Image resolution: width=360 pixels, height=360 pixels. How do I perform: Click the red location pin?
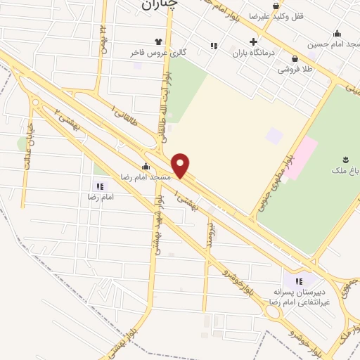(181, 165)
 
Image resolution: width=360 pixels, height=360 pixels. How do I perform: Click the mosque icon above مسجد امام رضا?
(146, 167)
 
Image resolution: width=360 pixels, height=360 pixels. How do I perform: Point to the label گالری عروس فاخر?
(149, 52)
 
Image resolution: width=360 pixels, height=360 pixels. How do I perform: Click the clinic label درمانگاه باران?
(252, 52)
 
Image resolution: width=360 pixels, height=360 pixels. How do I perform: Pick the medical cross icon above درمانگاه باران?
(253, 41)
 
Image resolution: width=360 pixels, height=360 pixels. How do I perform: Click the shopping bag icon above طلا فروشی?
(294, 59)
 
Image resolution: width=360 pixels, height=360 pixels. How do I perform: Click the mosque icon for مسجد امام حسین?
(337, 33)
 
